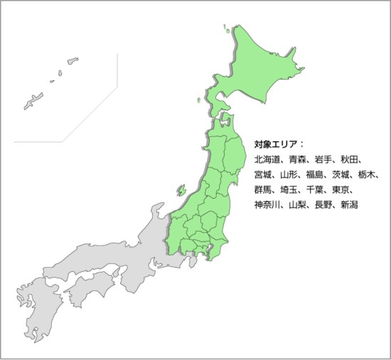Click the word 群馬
click(263, 190)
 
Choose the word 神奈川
click(268, 205)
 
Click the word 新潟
click(349, 205)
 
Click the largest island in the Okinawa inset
click(33, 101)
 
